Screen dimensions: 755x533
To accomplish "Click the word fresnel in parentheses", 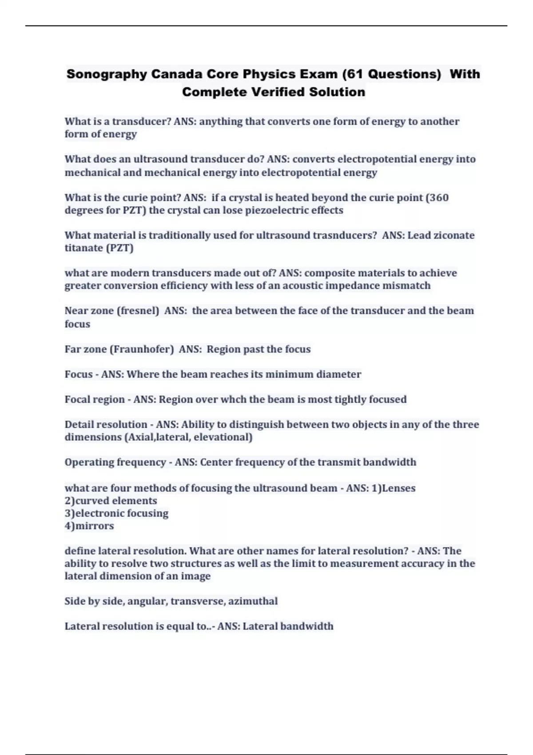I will pos(138,310).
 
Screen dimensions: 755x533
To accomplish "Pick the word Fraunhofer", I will pos(141,349).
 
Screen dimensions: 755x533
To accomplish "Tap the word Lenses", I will pos(398,488).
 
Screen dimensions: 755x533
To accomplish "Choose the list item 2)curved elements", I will pos(111,501).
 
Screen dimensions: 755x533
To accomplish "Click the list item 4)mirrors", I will pos(89,526).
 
